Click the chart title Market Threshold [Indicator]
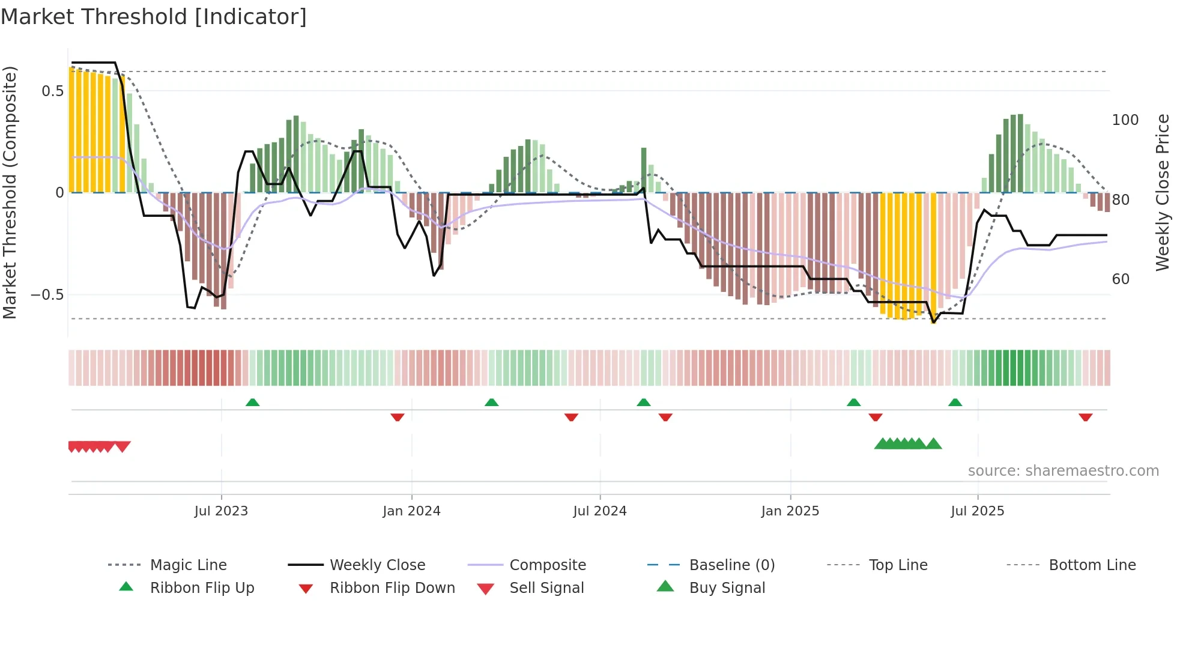[x=154, y=17]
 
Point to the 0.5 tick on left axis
[x=52, y=91]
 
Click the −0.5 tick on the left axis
[x=47, y=295]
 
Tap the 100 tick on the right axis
[x=1125, y=120]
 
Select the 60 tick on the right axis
[x=1121, y=279]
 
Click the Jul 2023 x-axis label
[x=221, y=511]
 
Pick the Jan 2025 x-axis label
[x=790, y=511]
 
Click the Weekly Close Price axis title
[x=1163, y=192]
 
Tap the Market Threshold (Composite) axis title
[x=10, y=192]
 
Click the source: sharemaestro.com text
[x=1063, y=471]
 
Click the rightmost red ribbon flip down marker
[x=1085, y=417]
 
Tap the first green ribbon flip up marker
[x=252, y=402]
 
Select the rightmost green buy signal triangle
[x=933, y=444]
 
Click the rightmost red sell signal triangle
[x=123, y=446]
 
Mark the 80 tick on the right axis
[x=1121, y=200]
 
